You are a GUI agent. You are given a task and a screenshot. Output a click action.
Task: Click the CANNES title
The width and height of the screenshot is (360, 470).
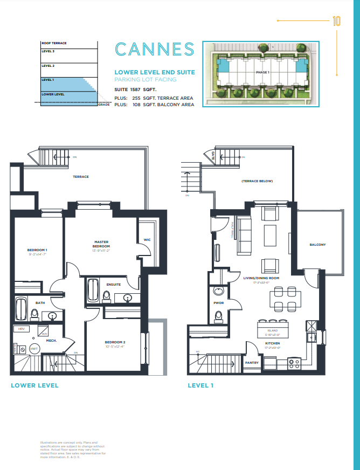point(154,50)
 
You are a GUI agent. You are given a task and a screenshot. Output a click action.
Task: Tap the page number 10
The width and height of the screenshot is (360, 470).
point(336,22)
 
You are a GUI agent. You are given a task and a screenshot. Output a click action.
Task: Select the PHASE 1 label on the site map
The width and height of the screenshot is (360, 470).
point(262,72)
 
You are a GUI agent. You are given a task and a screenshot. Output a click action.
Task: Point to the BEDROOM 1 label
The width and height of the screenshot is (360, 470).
point(37,250)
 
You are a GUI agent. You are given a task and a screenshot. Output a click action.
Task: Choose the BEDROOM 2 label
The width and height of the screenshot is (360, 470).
point(115,343)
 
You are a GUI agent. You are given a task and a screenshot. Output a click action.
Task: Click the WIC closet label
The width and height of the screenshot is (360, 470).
point(147,239)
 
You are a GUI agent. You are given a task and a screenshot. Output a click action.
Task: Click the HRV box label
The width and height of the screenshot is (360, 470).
point(21,328)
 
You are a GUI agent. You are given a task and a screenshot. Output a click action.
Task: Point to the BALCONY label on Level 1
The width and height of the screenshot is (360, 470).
point(317,245)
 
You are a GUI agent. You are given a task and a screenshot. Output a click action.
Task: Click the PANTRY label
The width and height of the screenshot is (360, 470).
point(252,363)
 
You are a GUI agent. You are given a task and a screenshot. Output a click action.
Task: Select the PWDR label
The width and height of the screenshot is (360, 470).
point(219,303)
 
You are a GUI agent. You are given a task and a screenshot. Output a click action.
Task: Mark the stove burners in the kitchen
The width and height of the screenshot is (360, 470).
point(294,363)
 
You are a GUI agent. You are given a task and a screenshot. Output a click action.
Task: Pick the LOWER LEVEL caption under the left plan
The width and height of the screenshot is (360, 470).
point(34,385)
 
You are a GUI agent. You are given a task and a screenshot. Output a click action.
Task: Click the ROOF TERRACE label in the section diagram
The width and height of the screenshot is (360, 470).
point(54,43)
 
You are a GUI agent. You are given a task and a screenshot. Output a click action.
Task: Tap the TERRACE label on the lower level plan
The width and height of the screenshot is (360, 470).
point(81,177)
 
